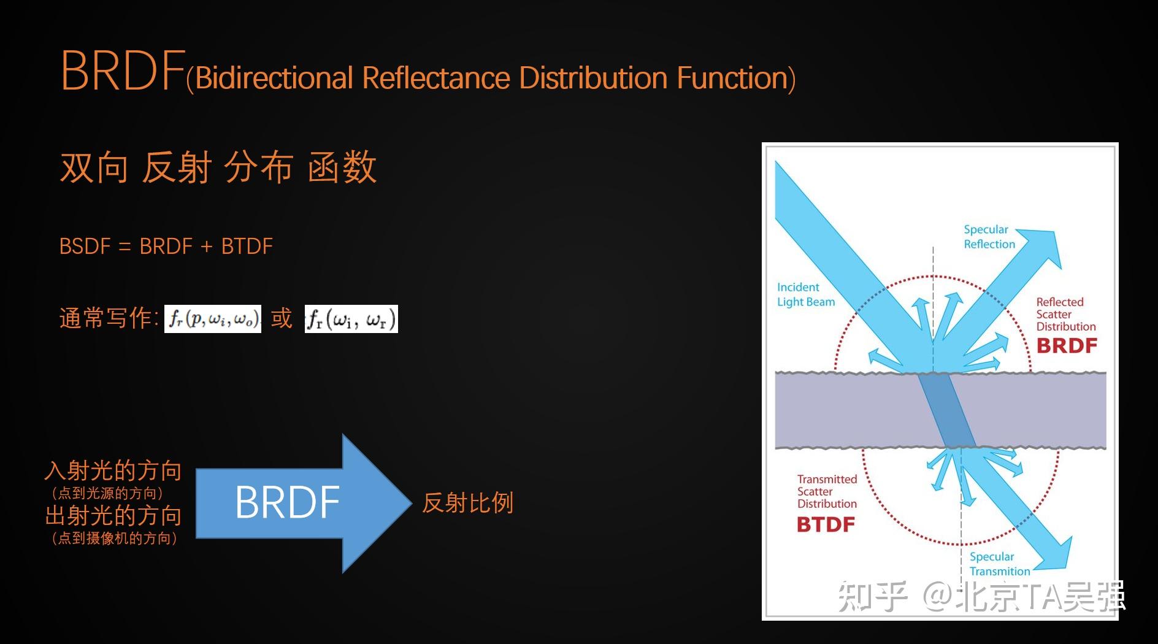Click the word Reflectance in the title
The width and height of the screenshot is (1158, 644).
coord(435,78)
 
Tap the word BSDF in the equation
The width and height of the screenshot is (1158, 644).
coord(85,247)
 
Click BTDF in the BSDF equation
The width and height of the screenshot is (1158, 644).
coord(247,247)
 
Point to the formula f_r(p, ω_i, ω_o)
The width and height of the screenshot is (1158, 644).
coord(213,319)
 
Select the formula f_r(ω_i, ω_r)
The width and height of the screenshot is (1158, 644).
coord(351,319)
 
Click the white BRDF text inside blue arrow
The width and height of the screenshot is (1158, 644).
coord(287,502)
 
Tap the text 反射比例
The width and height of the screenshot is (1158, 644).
coord(467,503)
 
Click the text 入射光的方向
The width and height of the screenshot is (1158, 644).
coord(113,471)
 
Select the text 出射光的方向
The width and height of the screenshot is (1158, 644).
coord(113,516)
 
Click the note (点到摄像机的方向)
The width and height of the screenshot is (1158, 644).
coord(115,539)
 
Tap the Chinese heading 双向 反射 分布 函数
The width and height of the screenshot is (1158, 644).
coord(218,167)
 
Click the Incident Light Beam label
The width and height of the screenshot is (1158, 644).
coord(805,294)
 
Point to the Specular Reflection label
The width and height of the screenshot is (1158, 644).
coord(989,237)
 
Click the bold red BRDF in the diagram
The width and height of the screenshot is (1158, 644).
coord(1066,346)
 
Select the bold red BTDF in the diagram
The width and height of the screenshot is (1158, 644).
coord(826,524)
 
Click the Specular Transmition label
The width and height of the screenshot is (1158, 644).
coord(999,564)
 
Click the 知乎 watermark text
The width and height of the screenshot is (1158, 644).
coord(872,596)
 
